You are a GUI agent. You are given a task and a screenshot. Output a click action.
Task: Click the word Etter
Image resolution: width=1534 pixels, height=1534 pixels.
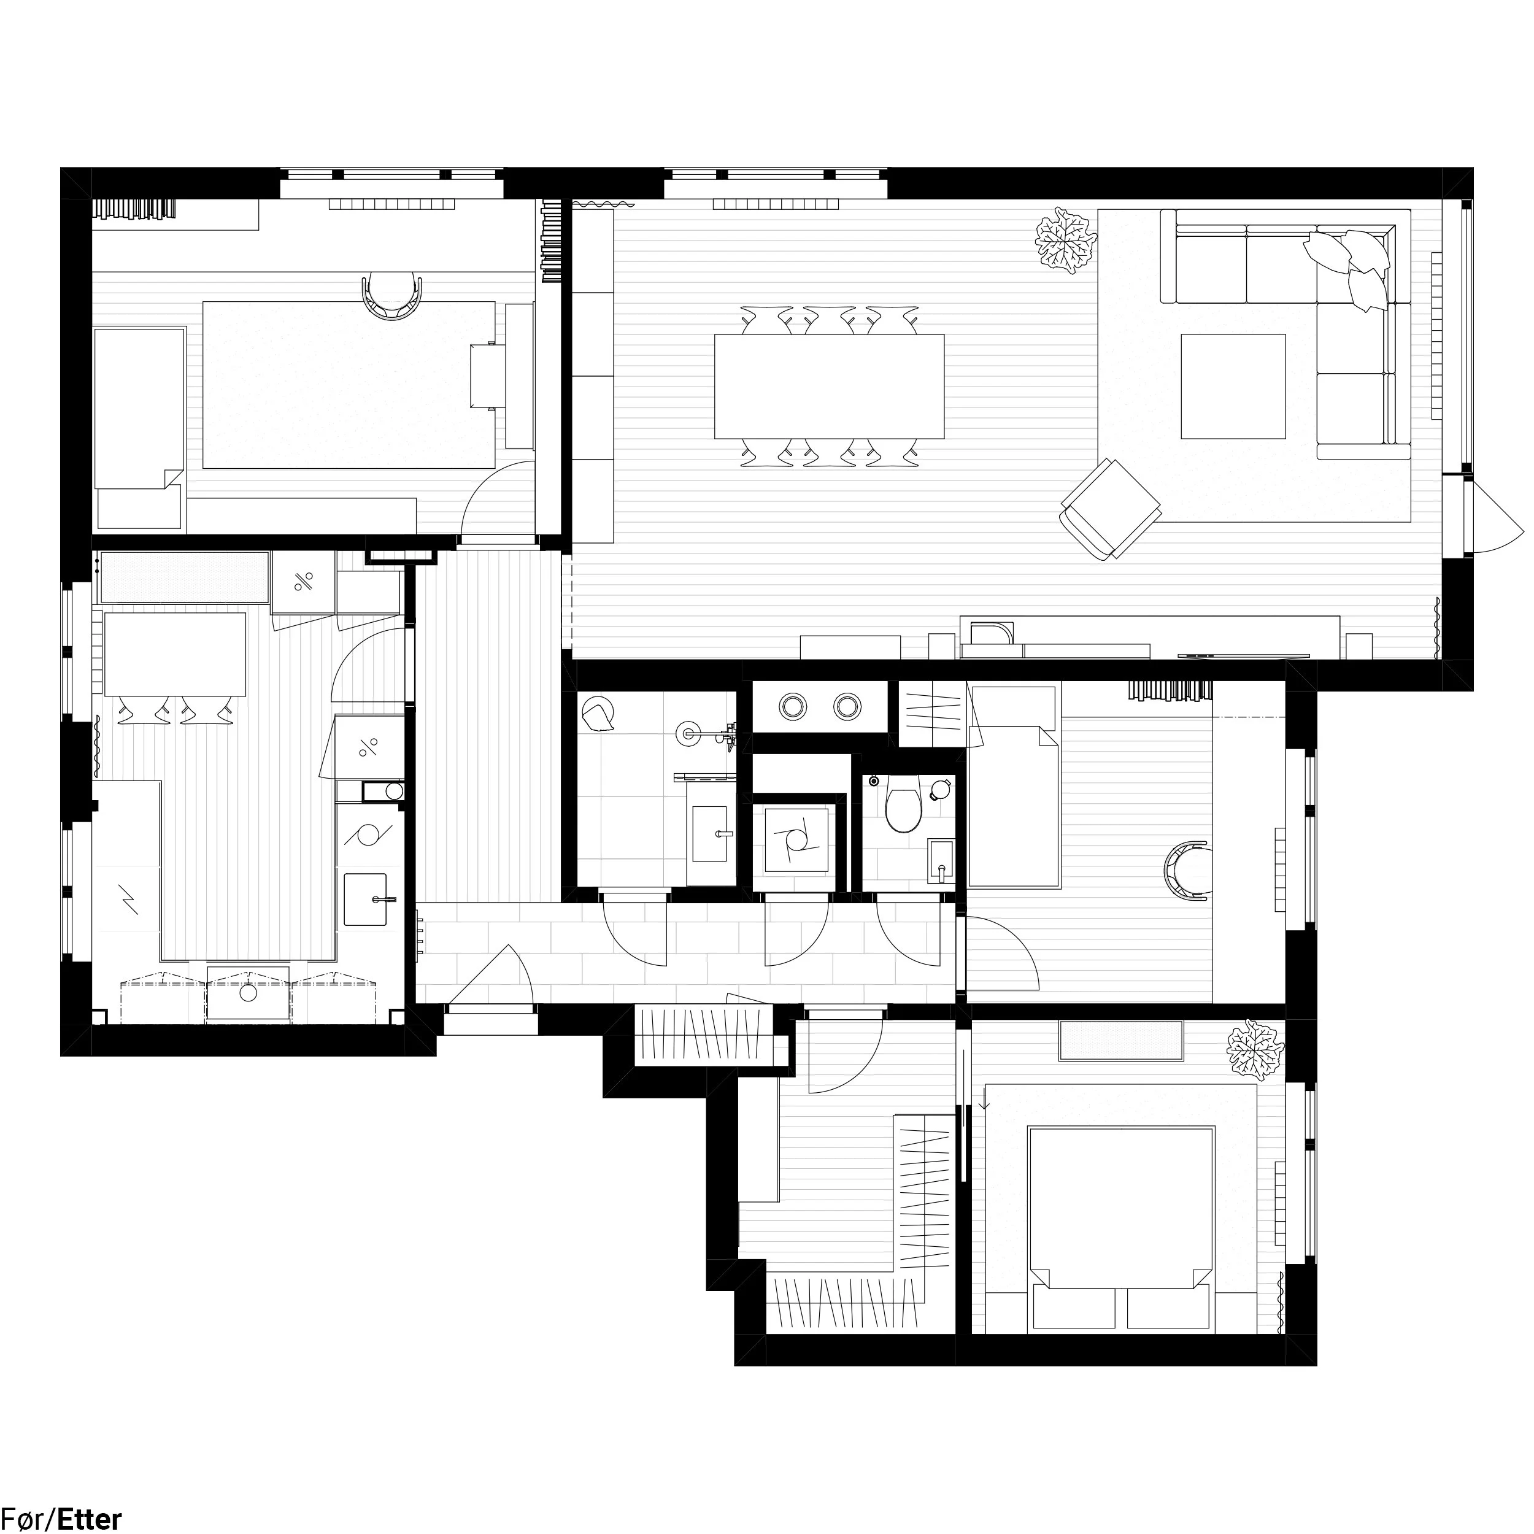[x=89, y=1518]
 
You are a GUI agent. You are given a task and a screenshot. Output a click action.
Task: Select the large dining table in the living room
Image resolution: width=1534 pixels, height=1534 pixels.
[x=829, y=386]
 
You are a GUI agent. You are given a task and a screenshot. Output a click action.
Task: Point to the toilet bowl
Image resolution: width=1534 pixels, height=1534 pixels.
[x=902, y=806]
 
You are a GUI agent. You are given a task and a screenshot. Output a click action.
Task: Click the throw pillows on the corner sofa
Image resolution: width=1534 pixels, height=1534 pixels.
[x=1351, y=267]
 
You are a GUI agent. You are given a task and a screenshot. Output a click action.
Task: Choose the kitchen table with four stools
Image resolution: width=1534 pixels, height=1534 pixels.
[x=175, y=653]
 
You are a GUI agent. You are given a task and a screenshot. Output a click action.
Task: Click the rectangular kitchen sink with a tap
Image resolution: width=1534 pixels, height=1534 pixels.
[x=365, y=900]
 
